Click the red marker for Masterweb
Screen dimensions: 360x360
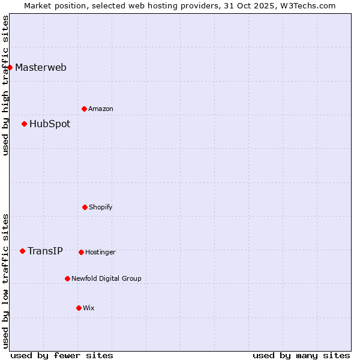click(x=10, y=67)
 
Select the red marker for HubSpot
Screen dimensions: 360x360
click(x=24, y=124)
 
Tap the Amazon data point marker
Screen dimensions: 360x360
click(x=84, y=109)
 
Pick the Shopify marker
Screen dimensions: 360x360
click(x=85, y=207)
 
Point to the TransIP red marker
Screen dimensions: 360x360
click(x=22, y=251)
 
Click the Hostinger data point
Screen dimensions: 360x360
click(x=81, y=252)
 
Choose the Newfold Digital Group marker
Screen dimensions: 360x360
click(x=67, y=278)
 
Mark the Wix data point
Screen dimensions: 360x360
click(x=79, y=308)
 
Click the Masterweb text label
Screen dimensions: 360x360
click(x=41, y=67)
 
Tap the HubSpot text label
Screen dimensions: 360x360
click(x=50, y=124)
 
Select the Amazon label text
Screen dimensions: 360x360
click(x=101, y=109)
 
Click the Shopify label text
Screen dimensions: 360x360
click(x=101, y=207)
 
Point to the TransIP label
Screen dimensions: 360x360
click(x=45, y=251)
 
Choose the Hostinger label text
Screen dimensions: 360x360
click(x=100, y=252)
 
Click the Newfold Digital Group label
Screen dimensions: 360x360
click(x=106, y=278)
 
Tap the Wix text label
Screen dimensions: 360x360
click(x=89, y=308)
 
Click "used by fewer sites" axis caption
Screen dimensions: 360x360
click(x=62, y=355)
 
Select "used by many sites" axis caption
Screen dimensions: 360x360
click(x=301, y=355)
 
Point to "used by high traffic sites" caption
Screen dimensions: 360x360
click(x=5, y=85)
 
